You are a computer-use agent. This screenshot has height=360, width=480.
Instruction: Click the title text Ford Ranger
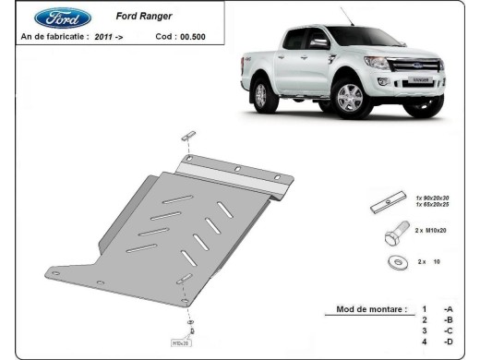coord(139,16)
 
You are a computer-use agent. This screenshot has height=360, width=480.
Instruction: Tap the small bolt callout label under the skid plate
coord(179,342)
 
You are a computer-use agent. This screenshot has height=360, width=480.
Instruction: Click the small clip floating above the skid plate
coord(188,136)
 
